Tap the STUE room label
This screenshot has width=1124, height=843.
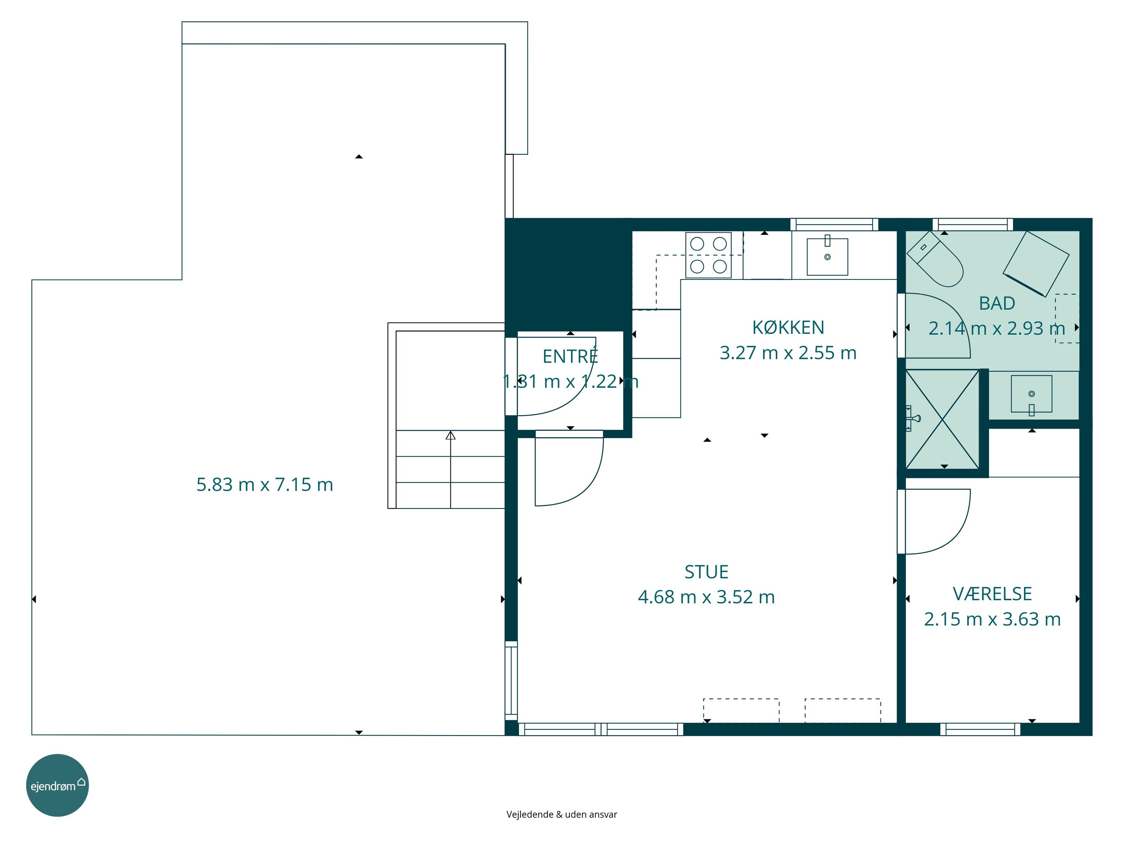706,572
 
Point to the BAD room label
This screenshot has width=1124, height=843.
997,303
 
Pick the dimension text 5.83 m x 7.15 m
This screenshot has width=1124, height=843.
265,485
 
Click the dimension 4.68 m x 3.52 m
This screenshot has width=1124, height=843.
706,597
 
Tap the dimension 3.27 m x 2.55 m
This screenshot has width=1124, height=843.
788,353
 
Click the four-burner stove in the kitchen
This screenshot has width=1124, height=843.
708,255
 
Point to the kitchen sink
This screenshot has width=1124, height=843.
827,257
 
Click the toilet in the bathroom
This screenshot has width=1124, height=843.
935,259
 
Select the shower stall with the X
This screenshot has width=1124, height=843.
943,420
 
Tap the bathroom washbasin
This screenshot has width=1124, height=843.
1031,394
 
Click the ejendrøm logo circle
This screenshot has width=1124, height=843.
57,786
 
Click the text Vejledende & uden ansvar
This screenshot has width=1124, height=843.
562,815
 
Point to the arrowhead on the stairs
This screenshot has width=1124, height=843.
450,435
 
